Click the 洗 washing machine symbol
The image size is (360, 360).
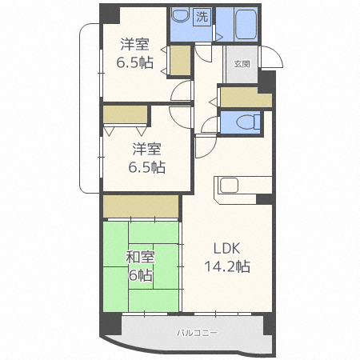pyautogui.click(x=202, y=17)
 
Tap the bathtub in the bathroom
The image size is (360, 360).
pyautogui.click(x=246, y=24)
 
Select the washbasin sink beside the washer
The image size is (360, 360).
pyautogui.click(x=180, y=15)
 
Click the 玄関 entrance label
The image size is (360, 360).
pyautogui.click(x=242, y=64)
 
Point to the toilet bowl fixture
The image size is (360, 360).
pyautogui.click(x=248, y=122)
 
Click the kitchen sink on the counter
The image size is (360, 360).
pyautogui.click(x=229, y=185)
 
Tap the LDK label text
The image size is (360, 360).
pyautogui.click(x=226, y=249)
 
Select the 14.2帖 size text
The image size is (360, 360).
pyautogui.click(x=227, y=266)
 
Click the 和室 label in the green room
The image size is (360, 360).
pyautogui.click(x=140, y=257)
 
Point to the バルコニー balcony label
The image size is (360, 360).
pyautogui.click(x=197, y=333)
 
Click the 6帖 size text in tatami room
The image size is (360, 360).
pyautogui.click(x=141, y=275)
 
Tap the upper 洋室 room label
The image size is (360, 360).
pyautogui.click(x=134, y=44)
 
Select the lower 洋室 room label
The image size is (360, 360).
pyautogui.click(x=147, y=149)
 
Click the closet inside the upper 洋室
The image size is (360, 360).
pyautogui.click(x=180, y=61)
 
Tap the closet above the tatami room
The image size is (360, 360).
pyautogui.click(x=141, y=206)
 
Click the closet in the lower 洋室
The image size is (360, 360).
pyautogui.click(x=126, y=114)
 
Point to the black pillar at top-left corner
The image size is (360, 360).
pyautogui.click(x=110, y=14)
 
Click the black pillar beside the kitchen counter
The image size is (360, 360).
pyautogui.click(x=264, y=199)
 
